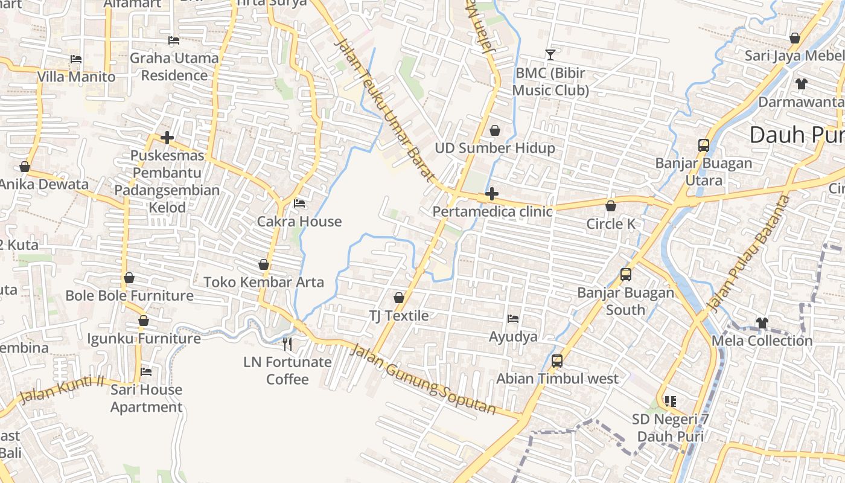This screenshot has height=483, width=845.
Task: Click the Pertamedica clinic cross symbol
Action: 492,194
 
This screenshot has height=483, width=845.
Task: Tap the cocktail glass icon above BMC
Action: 550,55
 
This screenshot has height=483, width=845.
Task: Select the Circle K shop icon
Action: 611,206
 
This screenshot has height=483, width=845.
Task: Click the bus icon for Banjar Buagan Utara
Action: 704,146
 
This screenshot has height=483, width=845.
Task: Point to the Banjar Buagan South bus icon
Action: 626,275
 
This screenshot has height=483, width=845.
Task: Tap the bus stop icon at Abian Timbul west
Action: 557,361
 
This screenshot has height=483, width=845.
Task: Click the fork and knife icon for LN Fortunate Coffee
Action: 287,344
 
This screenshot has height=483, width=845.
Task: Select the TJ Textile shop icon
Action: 398,298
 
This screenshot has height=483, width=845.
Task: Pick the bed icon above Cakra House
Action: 299,203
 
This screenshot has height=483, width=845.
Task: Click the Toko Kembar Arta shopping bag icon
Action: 264,264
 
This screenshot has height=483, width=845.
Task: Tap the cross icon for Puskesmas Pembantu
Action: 167,138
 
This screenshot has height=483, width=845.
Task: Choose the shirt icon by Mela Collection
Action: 762,323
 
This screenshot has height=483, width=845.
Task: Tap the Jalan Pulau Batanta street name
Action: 748,254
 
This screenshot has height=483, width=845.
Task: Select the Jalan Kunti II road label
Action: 62,389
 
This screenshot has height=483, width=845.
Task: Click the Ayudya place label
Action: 513,336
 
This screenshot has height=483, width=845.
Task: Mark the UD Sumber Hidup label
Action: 495,148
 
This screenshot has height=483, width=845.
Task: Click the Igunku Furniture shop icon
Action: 144,321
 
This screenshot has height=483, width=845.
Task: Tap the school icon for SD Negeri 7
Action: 670,401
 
